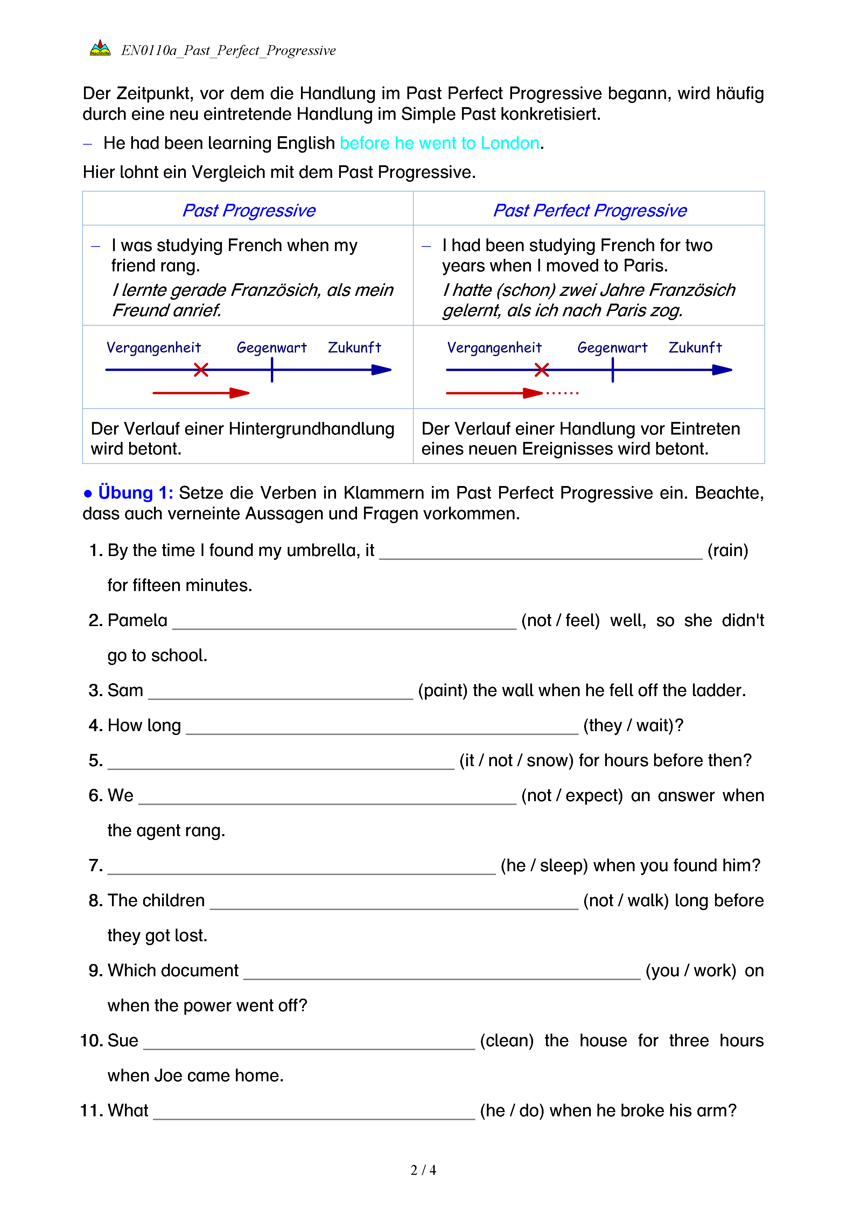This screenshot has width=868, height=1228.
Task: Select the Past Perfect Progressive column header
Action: [589, 210]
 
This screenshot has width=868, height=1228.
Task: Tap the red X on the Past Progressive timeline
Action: [201, 369]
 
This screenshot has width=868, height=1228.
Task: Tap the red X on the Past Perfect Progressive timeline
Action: [541, 369]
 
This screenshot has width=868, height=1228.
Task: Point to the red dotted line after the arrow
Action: [562, 393]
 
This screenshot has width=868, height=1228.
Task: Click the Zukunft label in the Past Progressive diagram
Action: [354, 348]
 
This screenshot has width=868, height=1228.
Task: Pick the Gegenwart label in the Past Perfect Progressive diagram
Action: [612, 348]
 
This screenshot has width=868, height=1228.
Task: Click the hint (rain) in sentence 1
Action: [727, 550]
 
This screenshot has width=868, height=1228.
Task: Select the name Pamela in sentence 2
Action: [137, 620]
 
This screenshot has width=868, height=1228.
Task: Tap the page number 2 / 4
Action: [423, 1170]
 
